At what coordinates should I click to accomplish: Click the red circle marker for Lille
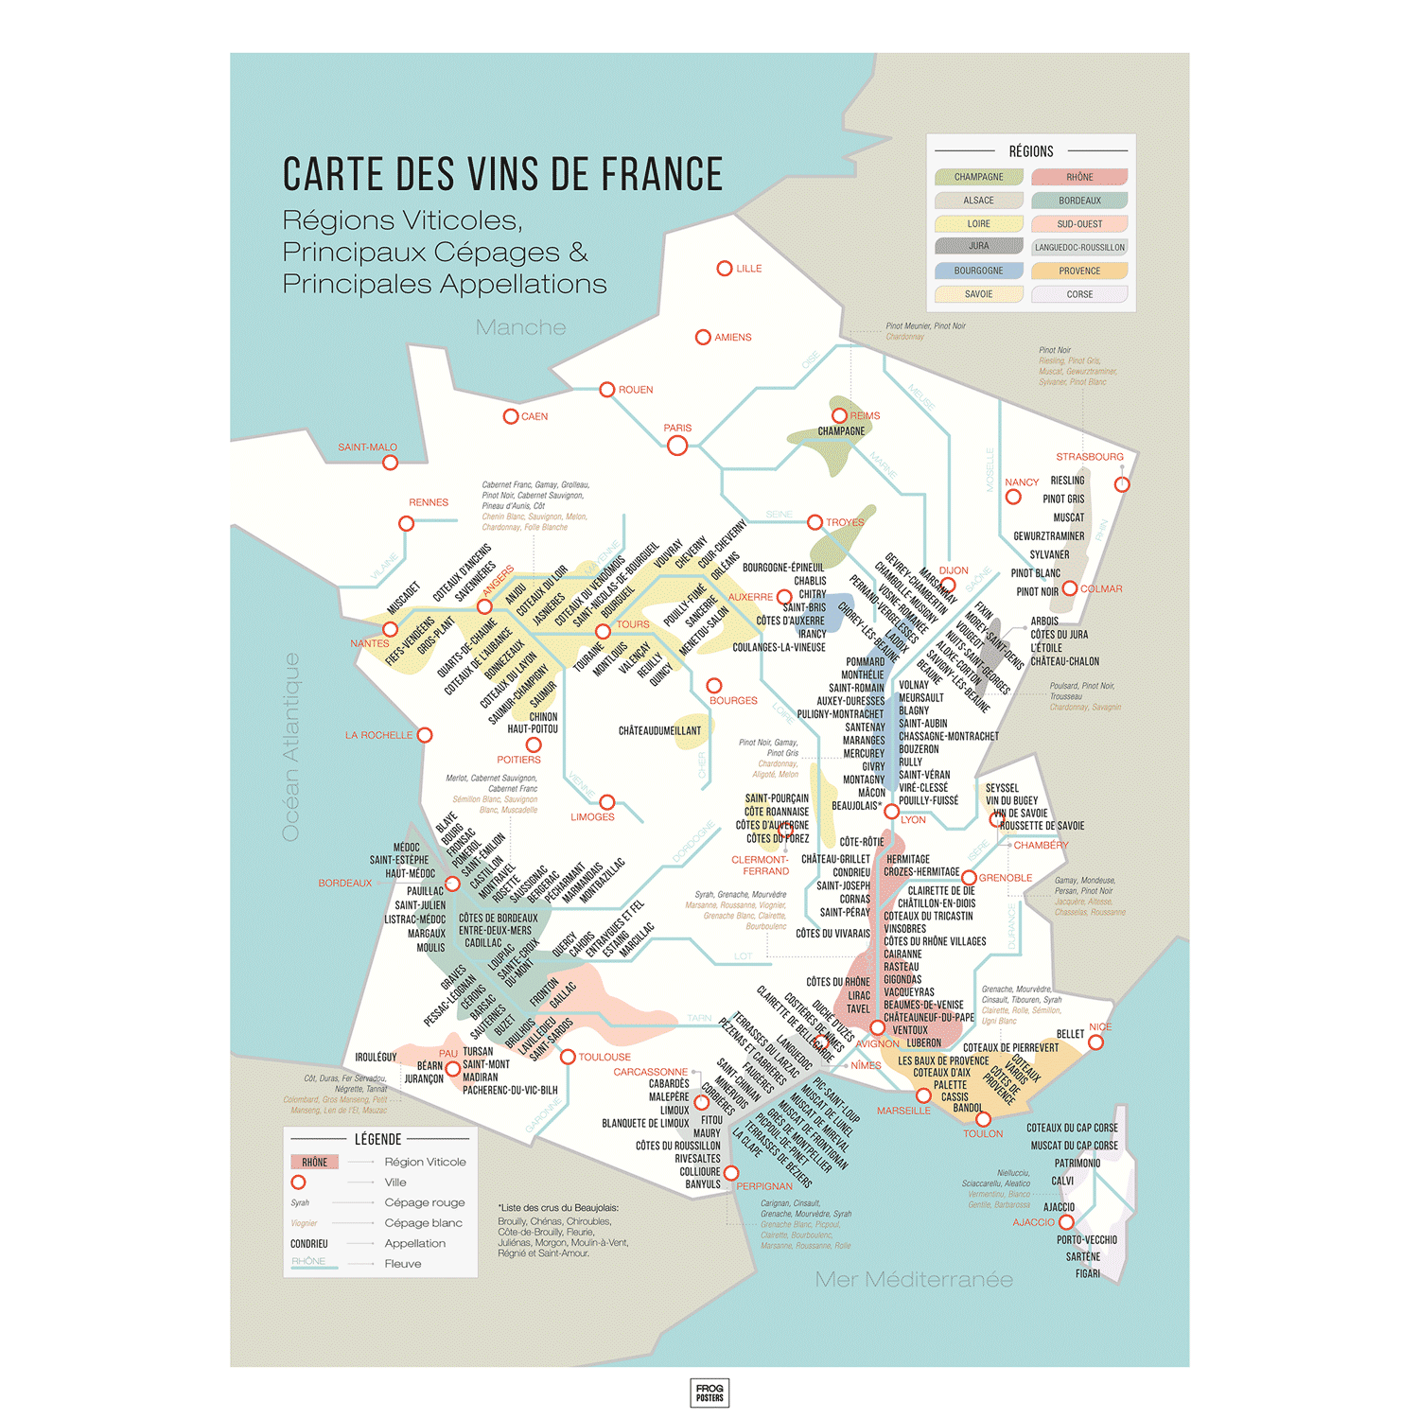tap(725, 269)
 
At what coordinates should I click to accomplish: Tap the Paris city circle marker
tap(677, 446)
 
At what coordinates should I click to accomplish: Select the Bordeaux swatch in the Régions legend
tap(1079, 201)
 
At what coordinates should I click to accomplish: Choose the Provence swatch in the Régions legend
tap(1079, 271)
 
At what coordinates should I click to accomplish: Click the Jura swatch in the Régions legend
tap(979, 246)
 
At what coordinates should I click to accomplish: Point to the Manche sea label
tap(520, 327)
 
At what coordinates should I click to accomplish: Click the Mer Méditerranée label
tap(914, 1280)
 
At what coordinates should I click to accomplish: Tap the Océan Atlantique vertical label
tap(291, 746)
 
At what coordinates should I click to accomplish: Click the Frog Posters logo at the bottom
tap(709, 1393)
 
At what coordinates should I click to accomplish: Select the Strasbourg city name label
tap(1090, 457)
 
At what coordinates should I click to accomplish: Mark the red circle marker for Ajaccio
tap(1066, 1222)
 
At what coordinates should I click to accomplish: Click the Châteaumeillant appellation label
tap(659, 731)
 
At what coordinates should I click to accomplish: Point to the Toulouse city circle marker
tap(568, 1057)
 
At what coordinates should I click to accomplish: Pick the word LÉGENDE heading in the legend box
tap(378, 1140)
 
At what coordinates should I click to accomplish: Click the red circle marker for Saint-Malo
tap(390, 463)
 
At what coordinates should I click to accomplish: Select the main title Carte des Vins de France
tap(502, 175)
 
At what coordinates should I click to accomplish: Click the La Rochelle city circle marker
tap(425, 735)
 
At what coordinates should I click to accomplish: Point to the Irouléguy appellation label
tap(376, 1058)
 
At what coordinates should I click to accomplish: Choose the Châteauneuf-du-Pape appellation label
tap(928, 1018)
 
